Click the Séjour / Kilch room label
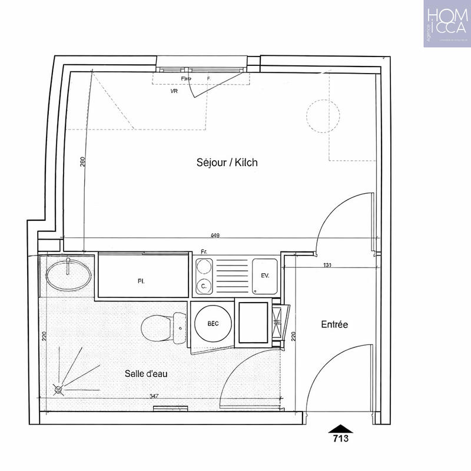(227, 162)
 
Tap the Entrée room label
(334, 324)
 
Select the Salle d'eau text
(145, 373)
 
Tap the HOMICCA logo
(446, 24)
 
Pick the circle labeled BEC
(213, 324)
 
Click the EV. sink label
(265, 276)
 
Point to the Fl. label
(141, 281)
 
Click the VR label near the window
(174, 92)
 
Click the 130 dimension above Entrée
(327, 266)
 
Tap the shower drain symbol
(58, 389)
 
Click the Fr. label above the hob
(204, 252)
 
